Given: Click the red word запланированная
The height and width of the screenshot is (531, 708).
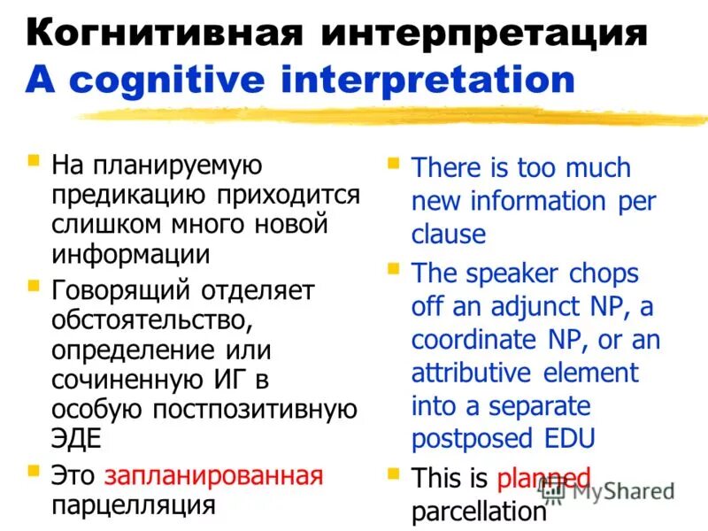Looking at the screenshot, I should tap(213, 475).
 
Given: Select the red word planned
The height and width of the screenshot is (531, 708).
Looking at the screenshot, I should tap(543, 479).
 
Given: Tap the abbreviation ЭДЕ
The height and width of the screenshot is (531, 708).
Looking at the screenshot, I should tap(76, 439).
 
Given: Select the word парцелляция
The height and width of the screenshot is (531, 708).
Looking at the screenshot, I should tap(134, 504).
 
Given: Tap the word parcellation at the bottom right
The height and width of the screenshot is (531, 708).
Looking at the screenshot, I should tap(478, 511).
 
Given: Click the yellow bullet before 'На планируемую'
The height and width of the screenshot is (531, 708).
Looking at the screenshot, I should tap(34, 162).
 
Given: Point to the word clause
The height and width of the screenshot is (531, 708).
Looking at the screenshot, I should tap(449, 235).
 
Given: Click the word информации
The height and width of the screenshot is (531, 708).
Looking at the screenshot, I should tap(130, 255).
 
